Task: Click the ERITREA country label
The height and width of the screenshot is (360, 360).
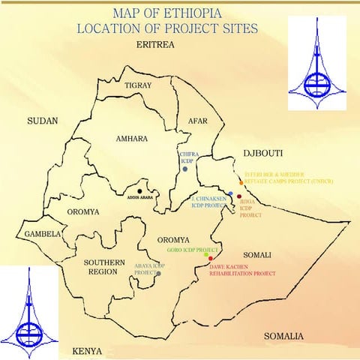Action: pyautogui.click(x=155, y=46)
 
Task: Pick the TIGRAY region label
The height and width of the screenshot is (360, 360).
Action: pyautogui.click(x=138, y=86)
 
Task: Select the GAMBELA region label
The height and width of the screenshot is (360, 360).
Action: pyautogui.click(x=41, y=234)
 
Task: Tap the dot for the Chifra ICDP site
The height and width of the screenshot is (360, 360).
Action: pyautogui.click(x=185, y=169)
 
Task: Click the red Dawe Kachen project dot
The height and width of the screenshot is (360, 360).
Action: pyautogui.click(x=211, y=259)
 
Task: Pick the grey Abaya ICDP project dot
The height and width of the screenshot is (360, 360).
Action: pyautogui.click(x=157, y=274)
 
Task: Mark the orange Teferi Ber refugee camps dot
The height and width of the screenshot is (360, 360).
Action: pyautogui.click(x=241, y=182)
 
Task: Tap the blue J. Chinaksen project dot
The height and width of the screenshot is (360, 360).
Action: pyautogui.click(x=230, y=194)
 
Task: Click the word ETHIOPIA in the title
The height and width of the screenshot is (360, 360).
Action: pyautogui.click(x=217, y=13)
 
